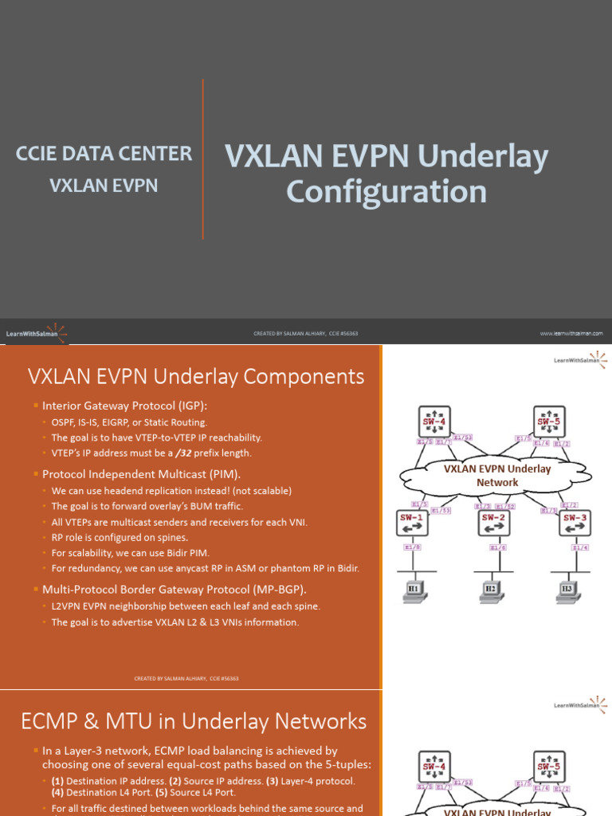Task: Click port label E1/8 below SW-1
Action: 413,547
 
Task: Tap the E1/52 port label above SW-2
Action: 506,506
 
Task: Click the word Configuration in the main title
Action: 386,191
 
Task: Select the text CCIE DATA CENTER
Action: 104,154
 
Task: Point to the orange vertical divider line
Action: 203,159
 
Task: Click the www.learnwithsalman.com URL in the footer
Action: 571,333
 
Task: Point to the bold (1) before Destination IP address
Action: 57,781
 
